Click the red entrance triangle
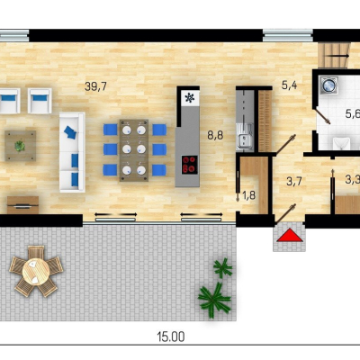coord(290,235)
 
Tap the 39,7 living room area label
coord(95,86)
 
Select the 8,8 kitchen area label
coord(215,135)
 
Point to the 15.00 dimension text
coord(171,337)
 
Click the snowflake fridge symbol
coord(190,97)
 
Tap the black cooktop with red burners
coord(190,165)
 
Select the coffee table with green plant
coord(21,146)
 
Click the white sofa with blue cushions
coord(72,152)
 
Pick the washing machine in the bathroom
coord(328,85)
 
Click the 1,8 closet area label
coord(248,195)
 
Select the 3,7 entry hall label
coord(294,182)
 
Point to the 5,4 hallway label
coord(290,85)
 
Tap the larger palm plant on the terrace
coord(214,298)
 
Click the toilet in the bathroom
coord(341,143)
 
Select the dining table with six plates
coord(134,150)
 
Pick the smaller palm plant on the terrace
coord(222,267)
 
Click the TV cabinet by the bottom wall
coord(22,205)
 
